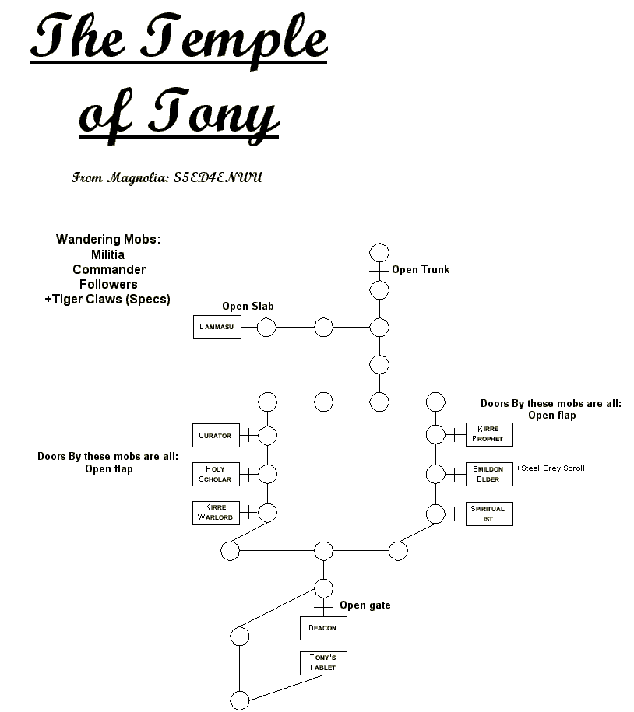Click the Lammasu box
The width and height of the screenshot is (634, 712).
(217, 327)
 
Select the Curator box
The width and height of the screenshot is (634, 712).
(216, 435)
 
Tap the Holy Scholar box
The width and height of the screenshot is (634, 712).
(216, 474)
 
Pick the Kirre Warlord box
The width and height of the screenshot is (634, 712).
(216, 513)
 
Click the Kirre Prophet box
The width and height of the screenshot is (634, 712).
(489, 434)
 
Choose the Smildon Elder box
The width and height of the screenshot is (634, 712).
(489, 474)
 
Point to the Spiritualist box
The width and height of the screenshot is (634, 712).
(489, 514)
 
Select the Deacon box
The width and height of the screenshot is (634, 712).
(323, 628)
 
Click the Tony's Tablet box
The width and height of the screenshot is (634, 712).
(323, 663)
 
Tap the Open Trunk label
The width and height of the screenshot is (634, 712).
(421, 270)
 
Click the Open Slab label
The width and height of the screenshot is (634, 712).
(248, 307)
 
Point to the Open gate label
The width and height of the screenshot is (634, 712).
(365, 605)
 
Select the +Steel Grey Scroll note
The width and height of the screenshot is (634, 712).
(551, 468)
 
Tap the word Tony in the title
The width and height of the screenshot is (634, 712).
(214, 114)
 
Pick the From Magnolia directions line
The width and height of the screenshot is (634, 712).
(167, 177)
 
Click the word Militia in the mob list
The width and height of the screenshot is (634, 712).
(107, 254)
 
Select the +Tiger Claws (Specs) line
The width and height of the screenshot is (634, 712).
(107, 300)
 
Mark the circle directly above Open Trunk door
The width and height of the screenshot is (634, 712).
(379, 253)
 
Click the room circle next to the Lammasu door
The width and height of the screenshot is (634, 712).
(267, 328)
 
